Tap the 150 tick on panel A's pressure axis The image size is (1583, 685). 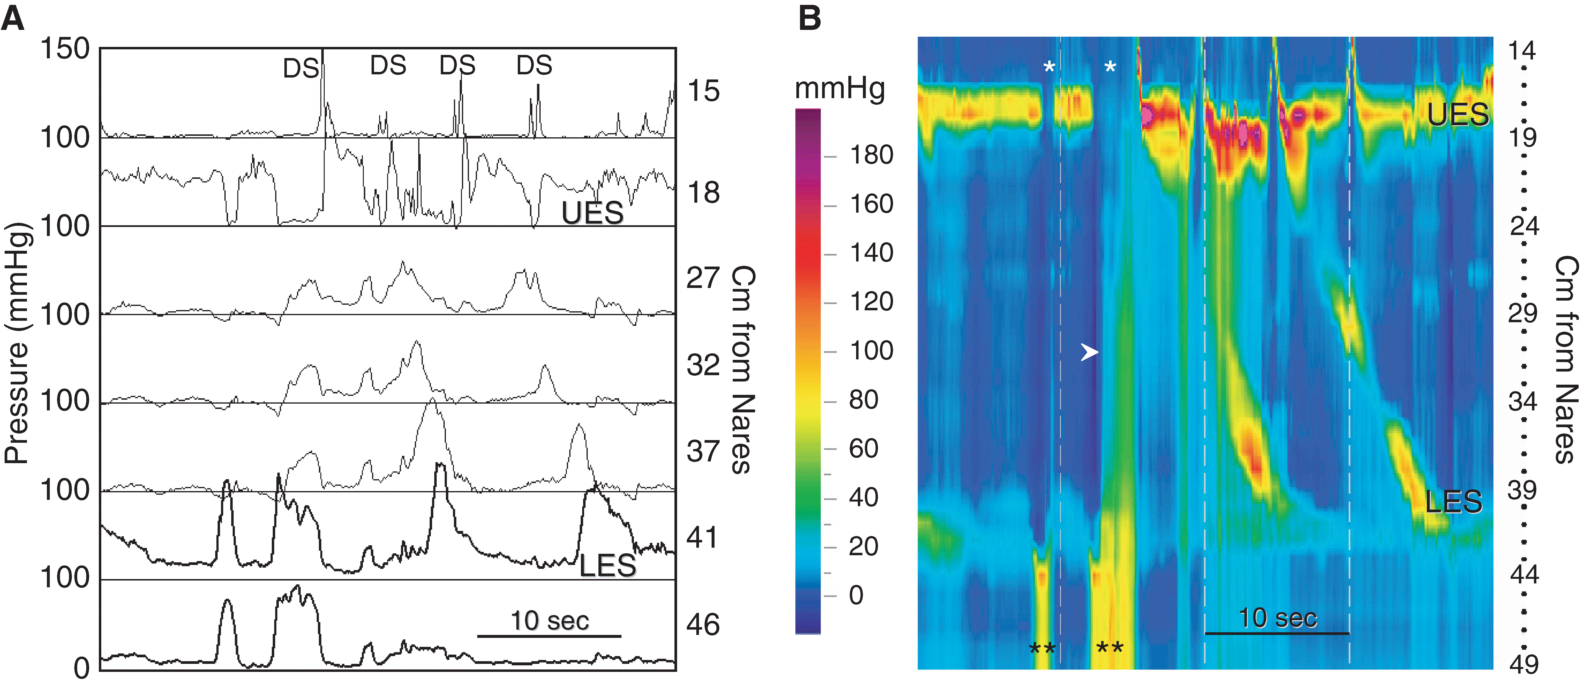coord(65,49)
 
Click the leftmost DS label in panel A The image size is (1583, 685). coord(300,68)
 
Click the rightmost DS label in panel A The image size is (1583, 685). coord(534,65)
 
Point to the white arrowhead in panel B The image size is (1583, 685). coord(1089,352)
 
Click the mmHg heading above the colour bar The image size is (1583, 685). coord(839,89)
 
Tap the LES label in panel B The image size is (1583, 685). coord(1453,502)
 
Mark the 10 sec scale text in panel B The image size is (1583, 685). coord(1277,618)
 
